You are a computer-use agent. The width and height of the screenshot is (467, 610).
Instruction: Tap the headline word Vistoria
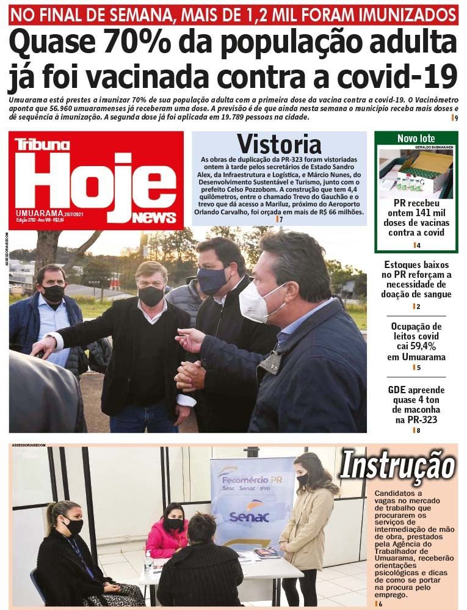(279, 144)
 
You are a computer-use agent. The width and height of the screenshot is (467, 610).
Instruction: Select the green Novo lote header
(416, 138)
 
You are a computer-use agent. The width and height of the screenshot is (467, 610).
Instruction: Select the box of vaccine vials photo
(416, 173)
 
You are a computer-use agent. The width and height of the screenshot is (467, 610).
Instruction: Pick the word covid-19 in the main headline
(388, 78)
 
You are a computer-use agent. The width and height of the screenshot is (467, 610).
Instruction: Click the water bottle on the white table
(148, 562)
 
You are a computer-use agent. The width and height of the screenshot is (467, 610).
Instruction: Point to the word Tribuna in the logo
(42, 144)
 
